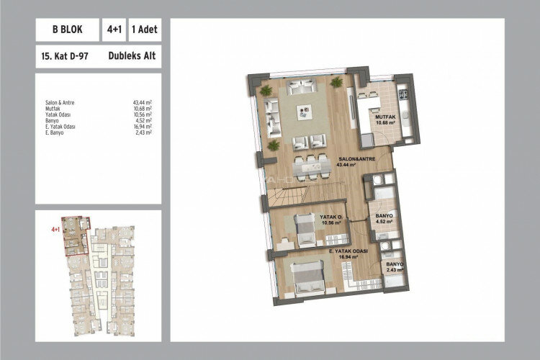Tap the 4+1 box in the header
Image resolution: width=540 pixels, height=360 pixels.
(x=113, y=31)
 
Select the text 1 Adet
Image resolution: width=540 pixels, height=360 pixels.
(x=144, y=31)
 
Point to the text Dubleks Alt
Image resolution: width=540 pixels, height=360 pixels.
(x=132, y=55)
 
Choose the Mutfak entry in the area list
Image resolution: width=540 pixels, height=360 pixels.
(x=51, y=108)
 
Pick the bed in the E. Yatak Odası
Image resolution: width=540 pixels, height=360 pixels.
(x=306, y=278)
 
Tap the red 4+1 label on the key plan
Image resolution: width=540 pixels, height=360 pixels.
(x=55, y=229)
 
